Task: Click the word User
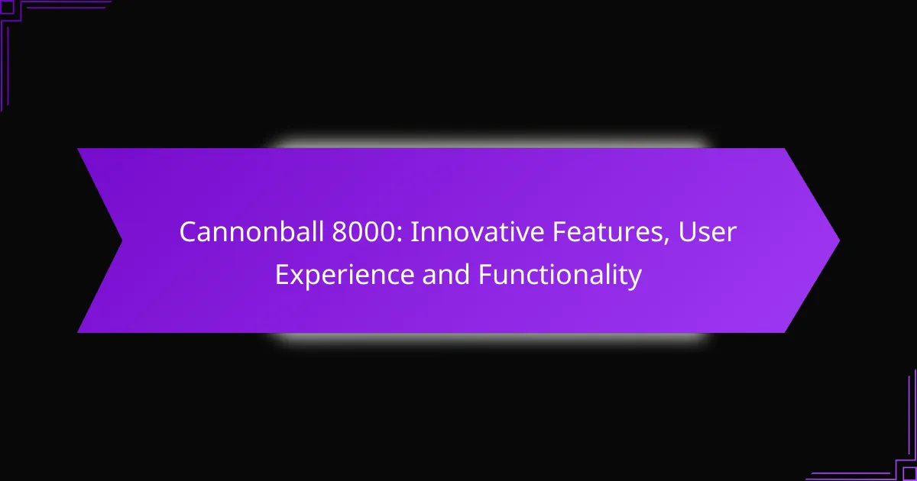tap(711, 233)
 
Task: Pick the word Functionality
tap(560, 276)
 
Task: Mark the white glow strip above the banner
tap(489, 143)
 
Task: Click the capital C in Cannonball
tap(187, 233)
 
